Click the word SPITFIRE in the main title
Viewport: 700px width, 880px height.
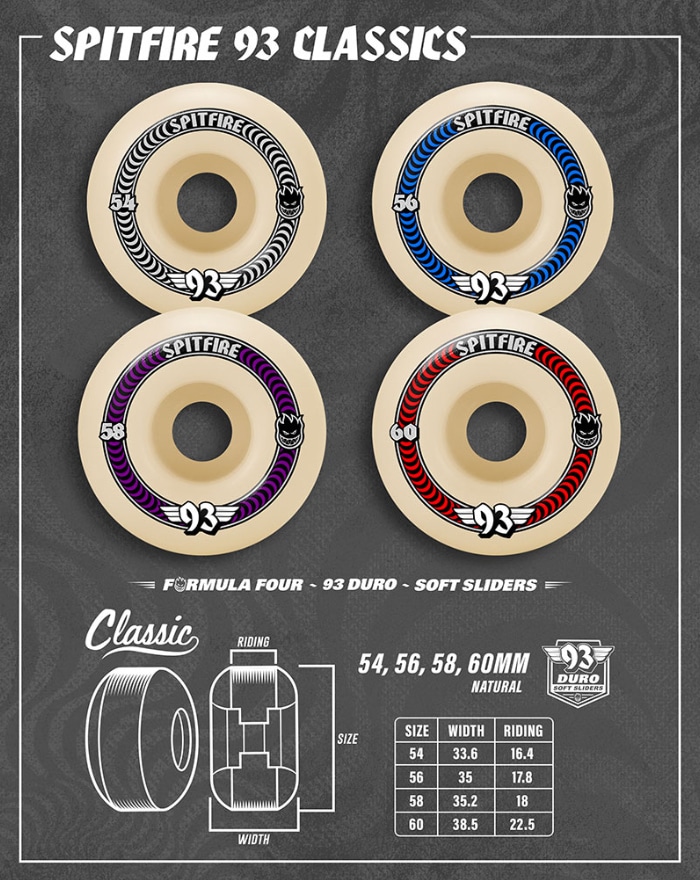[x=137, y=45]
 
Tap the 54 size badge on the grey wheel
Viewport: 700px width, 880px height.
[x=123, y=202]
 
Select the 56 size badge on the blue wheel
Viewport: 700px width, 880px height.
[x=406, y=202]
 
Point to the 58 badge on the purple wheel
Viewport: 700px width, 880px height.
[x=112, y=432]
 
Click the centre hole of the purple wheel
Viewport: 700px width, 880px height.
[x=202, y=432]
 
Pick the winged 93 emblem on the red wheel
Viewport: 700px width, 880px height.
[x=492, y=520]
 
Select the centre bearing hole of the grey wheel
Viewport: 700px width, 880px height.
[x=207, y=203]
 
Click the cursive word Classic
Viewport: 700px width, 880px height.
[x=142, y=632]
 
